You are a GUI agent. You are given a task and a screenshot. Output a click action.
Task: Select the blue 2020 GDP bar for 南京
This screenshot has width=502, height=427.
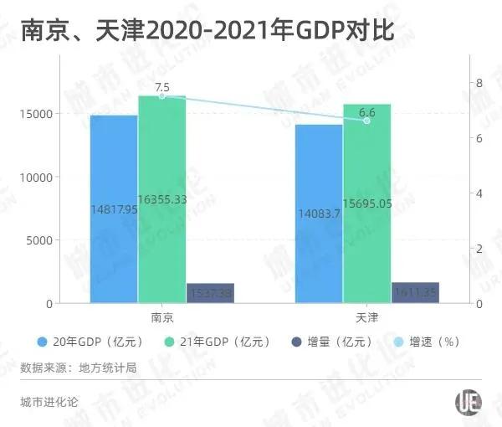point(114,209)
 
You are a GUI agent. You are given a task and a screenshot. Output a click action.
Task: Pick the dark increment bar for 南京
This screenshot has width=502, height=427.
point(210,293)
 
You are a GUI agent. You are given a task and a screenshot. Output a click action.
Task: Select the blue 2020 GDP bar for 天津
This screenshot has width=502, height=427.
point(318,213)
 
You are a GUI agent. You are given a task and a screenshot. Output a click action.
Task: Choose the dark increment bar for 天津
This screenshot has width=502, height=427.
point(415,293)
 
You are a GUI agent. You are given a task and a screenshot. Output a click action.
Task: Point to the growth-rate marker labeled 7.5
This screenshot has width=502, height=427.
point(161,96)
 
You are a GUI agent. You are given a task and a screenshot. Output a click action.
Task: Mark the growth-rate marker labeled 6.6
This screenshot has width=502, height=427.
point(366,121)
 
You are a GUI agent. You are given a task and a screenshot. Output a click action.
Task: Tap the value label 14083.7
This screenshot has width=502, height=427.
point(318,213)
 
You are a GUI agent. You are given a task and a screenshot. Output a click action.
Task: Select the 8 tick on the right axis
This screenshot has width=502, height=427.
point(479,83)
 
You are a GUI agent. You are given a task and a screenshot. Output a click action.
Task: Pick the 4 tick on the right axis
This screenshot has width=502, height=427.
point(479,193)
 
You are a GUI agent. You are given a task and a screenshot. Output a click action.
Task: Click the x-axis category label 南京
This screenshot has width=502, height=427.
point(162,318)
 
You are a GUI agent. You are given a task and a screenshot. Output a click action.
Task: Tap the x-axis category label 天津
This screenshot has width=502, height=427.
point(366,318)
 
